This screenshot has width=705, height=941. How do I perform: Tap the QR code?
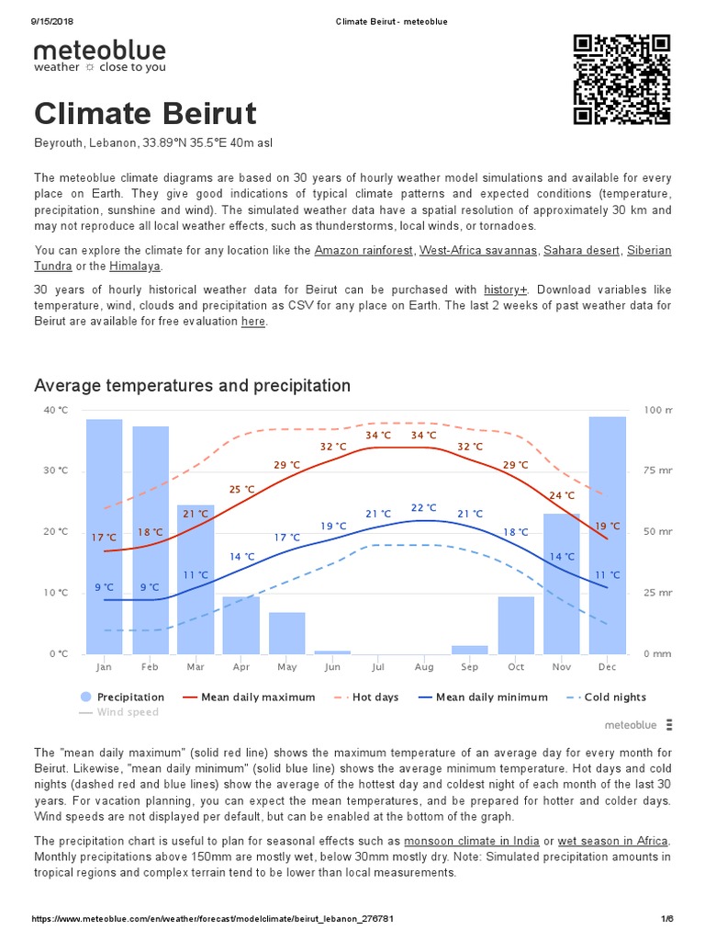pyautogui.click(x=621, y=79)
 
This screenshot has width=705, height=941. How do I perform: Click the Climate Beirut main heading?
pyautogui.click(x=145, y=115)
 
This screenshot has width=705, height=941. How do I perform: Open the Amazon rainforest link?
pyautogui.click(x=364, y=250)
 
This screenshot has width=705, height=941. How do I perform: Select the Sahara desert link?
pyautogui.click(x=581, y=250)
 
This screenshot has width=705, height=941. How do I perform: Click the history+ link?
pyautogui.click(x=505, y=289)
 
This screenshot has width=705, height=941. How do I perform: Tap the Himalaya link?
pyautogui.click(x=134, y=266)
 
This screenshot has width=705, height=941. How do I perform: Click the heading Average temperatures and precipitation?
pyautogui.click(x=192, y=385)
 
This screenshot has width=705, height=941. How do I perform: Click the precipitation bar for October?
pyautogui.click(x=516, y=625)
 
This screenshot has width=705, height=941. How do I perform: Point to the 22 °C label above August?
pyautogui.click(x=423, y=507)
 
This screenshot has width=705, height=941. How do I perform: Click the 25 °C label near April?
pyautogui.click(x=241, y=490)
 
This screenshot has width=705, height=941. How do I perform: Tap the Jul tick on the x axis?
pyautogui.click(x=378, y=667)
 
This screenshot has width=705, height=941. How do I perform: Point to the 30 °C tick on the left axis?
pyautogui.click(x=55, y=470)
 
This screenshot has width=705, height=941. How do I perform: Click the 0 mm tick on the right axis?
pyautogui.click(x=657, y=654)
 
